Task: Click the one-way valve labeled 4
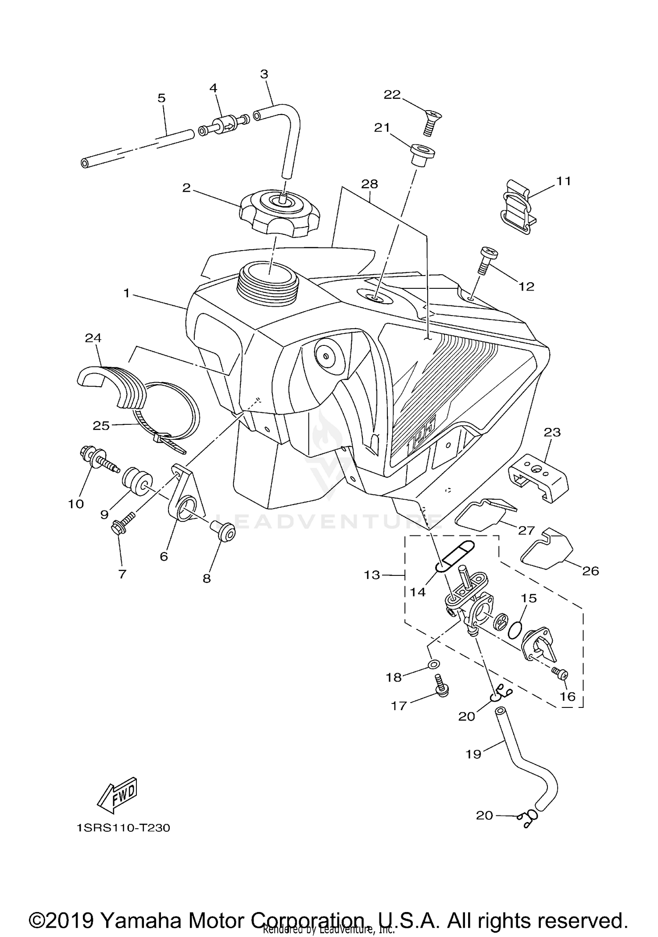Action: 224,127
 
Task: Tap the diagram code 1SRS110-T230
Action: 123,828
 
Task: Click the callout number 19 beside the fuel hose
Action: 474,754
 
